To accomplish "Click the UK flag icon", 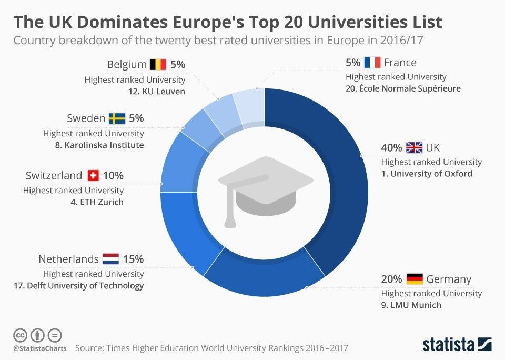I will pyautogui.click(x=414, y=147).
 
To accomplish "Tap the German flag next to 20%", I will pyautogui.click(x=415, y=278).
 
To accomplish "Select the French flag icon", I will pyautogui.click(x=372, y=63).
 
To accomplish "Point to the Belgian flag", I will pyautogui.click(x=158, y=65).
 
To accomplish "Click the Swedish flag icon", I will pyautogui.click(x=117, y=118).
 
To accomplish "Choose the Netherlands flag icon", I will pyautogui.click(x=110, y=259).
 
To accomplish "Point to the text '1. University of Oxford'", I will pyautogui.click(x=427, y=174).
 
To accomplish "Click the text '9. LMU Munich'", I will pyautogui.click(x=411, y=305).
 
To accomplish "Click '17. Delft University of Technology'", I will pyautogui.click(x=78, y=286).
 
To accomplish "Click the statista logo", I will pyautogui.click(x=457, y=344).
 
